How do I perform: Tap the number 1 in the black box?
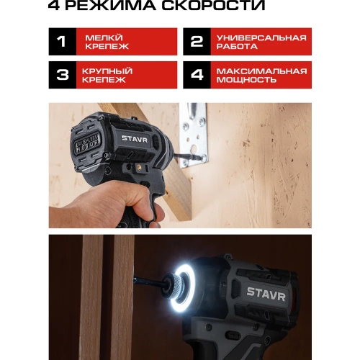[x=62, y=42]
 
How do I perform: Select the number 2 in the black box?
[x=197, y=42]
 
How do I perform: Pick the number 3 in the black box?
[x=62, y=75]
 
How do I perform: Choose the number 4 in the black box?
[x=197, y=75]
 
